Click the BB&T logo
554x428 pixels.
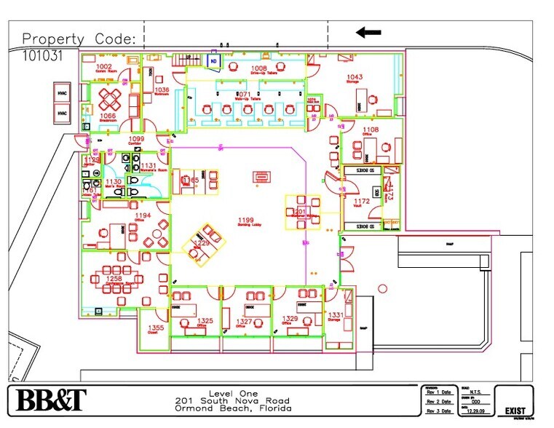(52, 400)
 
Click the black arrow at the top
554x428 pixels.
(368, 32)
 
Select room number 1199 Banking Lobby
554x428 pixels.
(247, 220)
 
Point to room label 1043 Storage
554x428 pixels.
(355, 77)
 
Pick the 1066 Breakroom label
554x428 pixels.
(108, 115)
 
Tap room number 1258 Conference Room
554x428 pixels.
(114, 279)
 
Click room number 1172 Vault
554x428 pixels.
(362, 201)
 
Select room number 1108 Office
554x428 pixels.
(371, 130)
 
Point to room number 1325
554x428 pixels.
(205, 321)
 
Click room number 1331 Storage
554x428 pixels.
(336, 314)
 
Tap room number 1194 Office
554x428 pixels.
(143, 215)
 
